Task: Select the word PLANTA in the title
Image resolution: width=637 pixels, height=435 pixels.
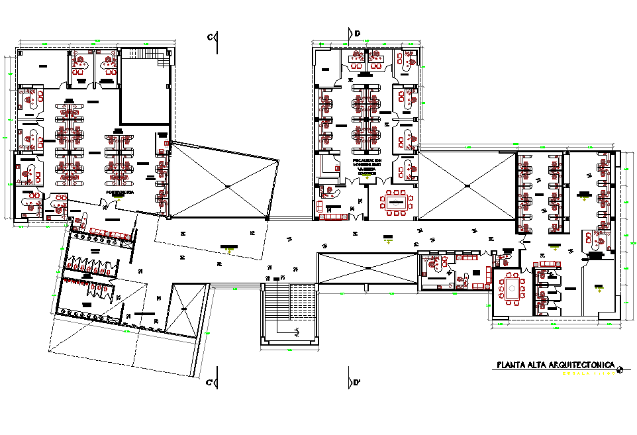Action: [x=511, y=365]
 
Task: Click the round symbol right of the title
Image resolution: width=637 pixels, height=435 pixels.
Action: [x=619, y=369]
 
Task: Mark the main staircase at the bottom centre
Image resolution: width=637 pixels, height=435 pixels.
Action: [x=289, y=310]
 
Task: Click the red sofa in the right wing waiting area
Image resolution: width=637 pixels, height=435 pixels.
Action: [x=546, y=264]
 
